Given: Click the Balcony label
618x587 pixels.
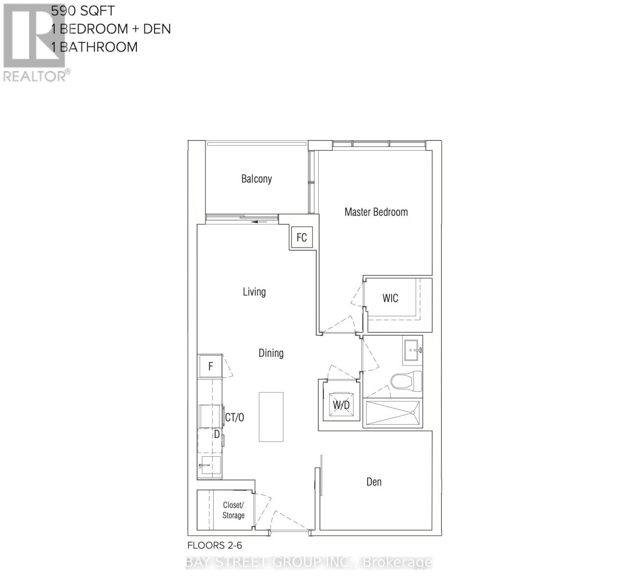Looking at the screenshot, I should pos(256,179).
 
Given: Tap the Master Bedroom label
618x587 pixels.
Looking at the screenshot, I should pos(375,212).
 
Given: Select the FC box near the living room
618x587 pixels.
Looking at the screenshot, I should pos(302,238).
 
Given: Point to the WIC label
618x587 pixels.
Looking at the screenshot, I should pos(390,298).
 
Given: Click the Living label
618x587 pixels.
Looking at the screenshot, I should pos(254,292).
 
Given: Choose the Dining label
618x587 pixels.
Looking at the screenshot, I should pos(271,353).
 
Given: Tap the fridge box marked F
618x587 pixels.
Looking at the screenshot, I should pos(211,366).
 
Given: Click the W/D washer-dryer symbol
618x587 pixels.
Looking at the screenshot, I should pos(341,405).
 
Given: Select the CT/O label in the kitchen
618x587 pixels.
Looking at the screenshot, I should pos(234,417).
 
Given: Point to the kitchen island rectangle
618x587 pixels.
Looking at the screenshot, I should pos(271,416).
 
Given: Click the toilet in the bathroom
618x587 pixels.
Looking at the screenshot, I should pos(406,381).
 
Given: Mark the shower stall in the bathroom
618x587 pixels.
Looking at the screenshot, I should pos(393,413).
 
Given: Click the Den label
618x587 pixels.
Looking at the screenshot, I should pos(374,482).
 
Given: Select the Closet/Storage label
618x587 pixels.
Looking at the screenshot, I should pos(233,510).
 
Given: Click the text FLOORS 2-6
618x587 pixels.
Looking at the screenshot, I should pos(215,545).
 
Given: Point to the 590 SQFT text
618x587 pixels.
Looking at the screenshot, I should pos(83,11).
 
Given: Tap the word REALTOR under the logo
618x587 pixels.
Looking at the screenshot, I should pos(34,76).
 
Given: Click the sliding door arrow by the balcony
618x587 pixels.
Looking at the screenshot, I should pos(260,222).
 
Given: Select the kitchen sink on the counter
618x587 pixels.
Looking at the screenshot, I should pos(207,467).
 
